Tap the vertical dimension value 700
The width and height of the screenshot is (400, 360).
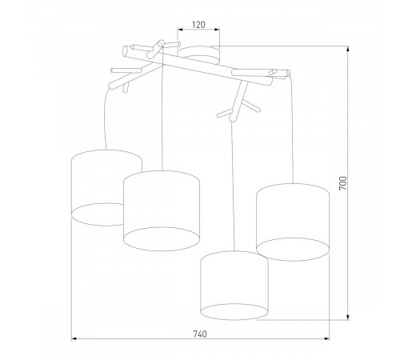pyautogui.click(x=343, y=184)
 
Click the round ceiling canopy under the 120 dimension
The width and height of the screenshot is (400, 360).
pyautogui.click(x=198, y=54)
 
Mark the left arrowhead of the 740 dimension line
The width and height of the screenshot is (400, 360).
pyautogui.click(x=74, y=339)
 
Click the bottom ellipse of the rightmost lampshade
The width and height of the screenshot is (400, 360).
pyautogui.click(x=293, y=249)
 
